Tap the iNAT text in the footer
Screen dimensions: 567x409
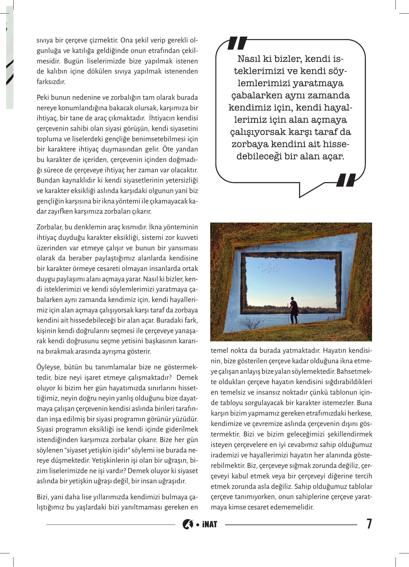point(210,524)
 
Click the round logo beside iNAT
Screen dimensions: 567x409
point(188,524)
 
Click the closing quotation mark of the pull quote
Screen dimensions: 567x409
point(347,180)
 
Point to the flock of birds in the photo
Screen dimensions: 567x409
point(270,267)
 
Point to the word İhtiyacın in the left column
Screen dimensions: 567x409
point(160,118)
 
